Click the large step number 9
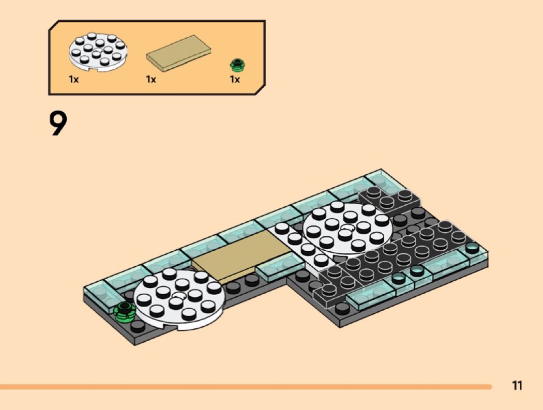coord(58,123)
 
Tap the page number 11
coord(517,385)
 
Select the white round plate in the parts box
coord(98,52)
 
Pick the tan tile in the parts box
coord(178,53)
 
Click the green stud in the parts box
coord(237,65)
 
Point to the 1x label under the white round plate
coord(74,79)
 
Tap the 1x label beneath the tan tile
coord(151,79)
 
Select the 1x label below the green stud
coord(235,79)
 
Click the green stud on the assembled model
coord(124,312)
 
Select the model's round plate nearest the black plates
coord(348,228)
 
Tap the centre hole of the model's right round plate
coord(348,227)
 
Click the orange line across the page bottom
coord(246,386)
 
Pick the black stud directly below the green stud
coord(138,326)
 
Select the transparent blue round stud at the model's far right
coord(472,248)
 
